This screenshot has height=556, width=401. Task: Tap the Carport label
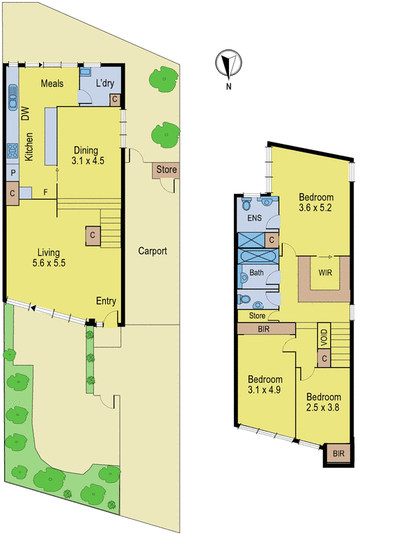[x=152, y=251]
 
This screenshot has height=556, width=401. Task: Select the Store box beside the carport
[x=166, y=170]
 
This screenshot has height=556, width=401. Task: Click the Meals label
[x=52, y=83]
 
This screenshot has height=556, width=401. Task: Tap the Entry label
[x=107, y=301]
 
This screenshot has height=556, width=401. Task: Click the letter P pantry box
[x=13, y=172]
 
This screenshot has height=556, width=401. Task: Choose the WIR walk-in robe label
[x=325, y=272]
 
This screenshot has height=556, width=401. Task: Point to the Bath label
[x=256, y=272]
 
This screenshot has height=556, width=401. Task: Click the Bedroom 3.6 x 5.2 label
[x=316, y=202]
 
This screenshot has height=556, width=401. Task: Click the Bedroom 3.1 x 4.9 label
[x=266, y=384]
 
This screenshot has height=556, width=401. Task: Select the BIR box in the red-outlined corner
[x=338, y=453]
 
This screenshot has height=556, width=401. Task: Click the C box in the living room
[x=92, y=236]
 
